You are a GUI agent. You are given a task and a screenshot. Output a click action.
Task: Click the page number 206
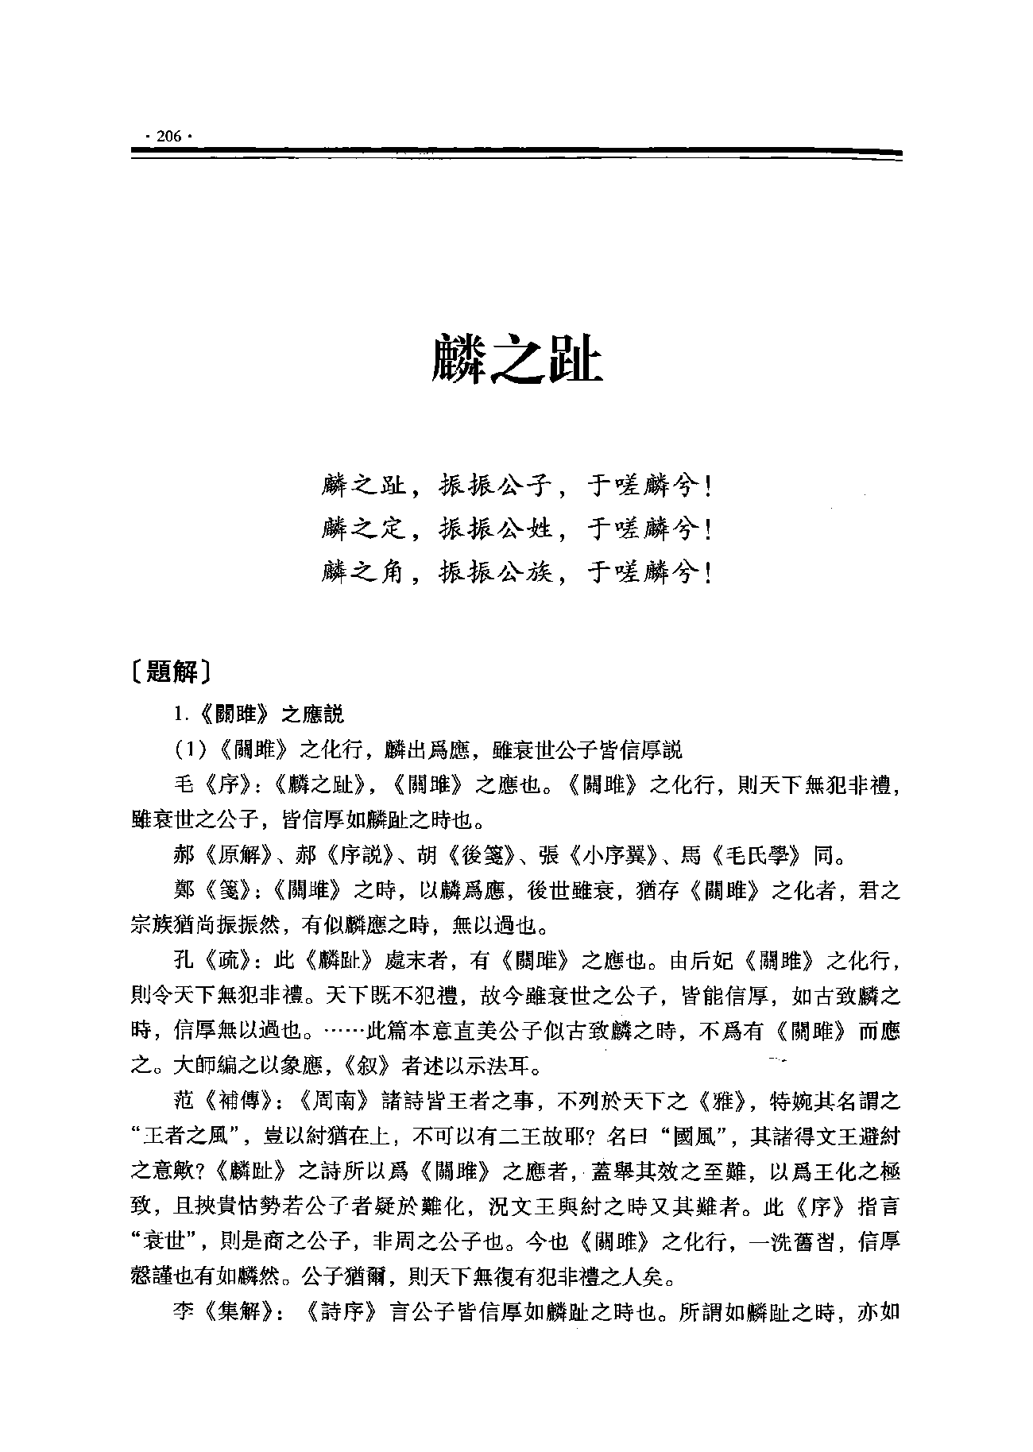coord(168,136)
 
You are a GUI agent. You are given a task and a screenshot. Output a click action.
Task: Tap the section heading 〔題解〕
coord(172,672)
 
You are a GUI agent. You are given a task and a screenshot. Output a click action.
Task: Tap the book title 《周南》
coord(335,1102)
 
